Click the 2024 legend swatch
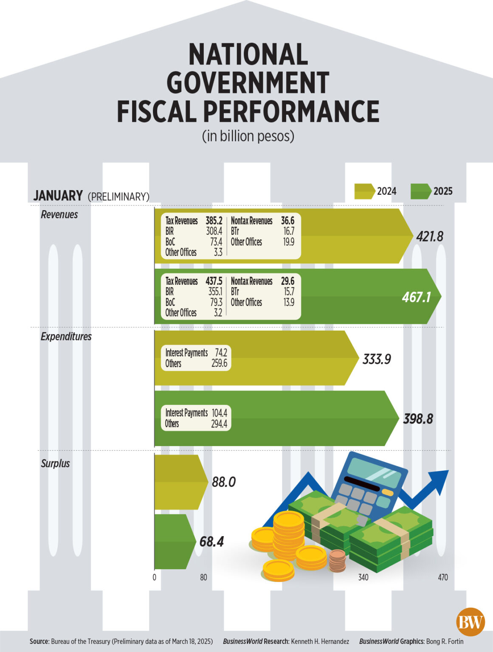click(364, 191)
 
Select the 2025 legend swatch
click(420, 191)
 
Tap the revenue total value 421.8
click(429, 236)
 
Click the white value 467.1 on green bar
click(416, 297)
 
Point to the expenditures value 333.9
click(376, 360)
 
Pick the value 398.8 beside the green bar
click(418, 419)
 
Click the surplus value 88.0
click(223, 482)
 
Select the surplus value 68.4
click(211, 542)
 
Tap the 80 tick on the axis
click(203, 577)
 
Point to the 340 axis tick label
click(363, 577)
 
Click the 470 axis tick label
click(442, 577)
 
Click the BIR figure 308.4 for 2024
click(214, 231)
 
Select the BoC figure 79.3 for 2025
click(216, 302)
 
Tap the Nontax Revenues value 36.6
click(287, 221)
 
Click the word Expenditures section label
click(66, 337)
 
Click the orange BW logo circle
click(470, 622)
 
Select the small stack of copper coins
click(337, 560)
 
